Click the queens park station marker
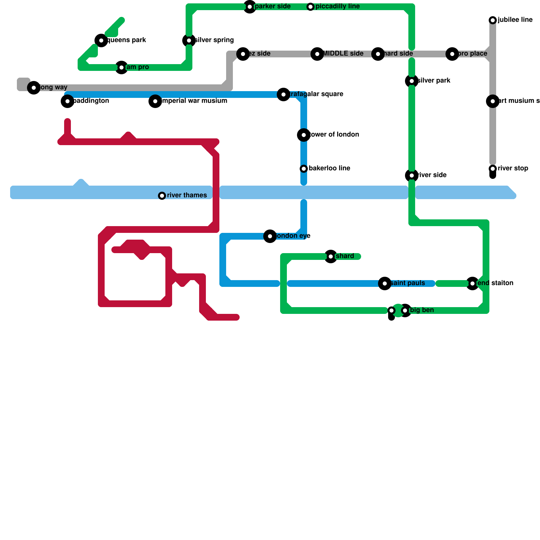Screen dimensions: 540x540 coord(101,40)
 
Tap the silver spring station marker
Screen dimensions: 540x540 coord(189,40)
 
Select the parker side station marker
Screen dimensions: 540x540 coord(250,7)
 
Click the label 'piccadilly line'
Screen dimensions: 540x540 coord(337,6)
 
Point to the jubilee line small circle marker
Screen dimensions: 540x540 coord(493,20)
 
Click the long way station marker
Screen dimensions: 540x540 coord(34,88)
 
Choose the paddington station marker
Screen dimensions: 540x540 coord(67,101)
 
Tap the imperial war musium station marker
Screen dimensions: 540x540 coord(155,101)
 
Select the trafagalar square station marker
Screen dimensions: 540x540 coord(283,94)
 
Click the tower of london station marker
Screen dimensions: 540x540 coord(304,135)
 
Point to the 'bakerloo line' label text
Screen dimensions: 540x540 coord(329,168)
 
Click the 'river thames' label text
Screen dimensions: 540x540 coord(187,195)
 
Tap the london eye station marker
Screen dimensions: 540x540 coord(270,236)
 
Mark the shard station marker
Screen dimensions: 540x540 coord(331,256)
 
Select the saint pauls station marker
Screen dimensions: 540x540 coord(385,283)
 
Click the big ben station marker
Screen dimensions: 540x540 coord(405,310)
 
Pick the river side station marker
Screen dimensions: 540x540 coord(412,175)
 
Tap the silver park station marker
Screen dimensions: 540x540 coord(412,81)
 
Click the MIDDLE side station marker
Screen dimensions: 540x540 coord(317,54)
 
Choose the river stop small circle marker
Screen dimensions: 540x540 coord(493,169)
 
